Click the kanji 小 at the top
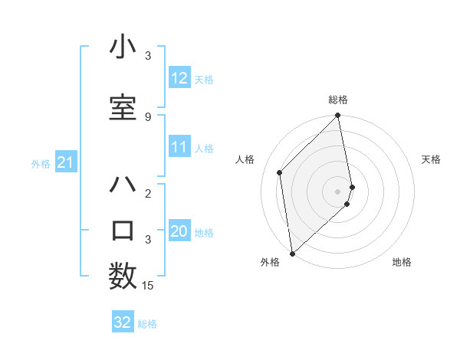[x=123, y=47]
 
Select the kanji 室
[x=123, y=106]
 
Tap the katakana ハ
[x=123, y=185]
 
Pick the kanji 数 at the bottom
[x=123, y=276]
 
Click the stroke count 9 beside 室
[x=148, y=116]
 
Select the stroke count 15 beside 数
[x=149, y=286]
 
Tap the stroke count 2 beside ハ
[x=148, y=194]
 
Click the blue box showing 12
[x=179, y=78]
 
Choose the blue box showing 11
[x=179, y=148]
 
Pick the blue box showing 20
[x=179, y=232]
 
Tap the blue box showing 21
[x=65, y=162]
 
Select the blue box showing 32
[x=123, y=322]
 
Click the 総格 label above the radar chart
[x=338, y=100]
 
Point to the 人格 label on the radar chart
[x=245, y=159]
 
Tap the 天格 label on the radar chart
[x=431, y=159]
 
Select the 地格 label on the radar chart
[x=402, y=262]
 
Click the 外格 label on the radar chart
[x=270, y=262]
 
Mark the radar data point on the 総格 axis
[x=337, y=116]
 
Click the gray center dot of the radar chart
[x=337, y=190]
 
